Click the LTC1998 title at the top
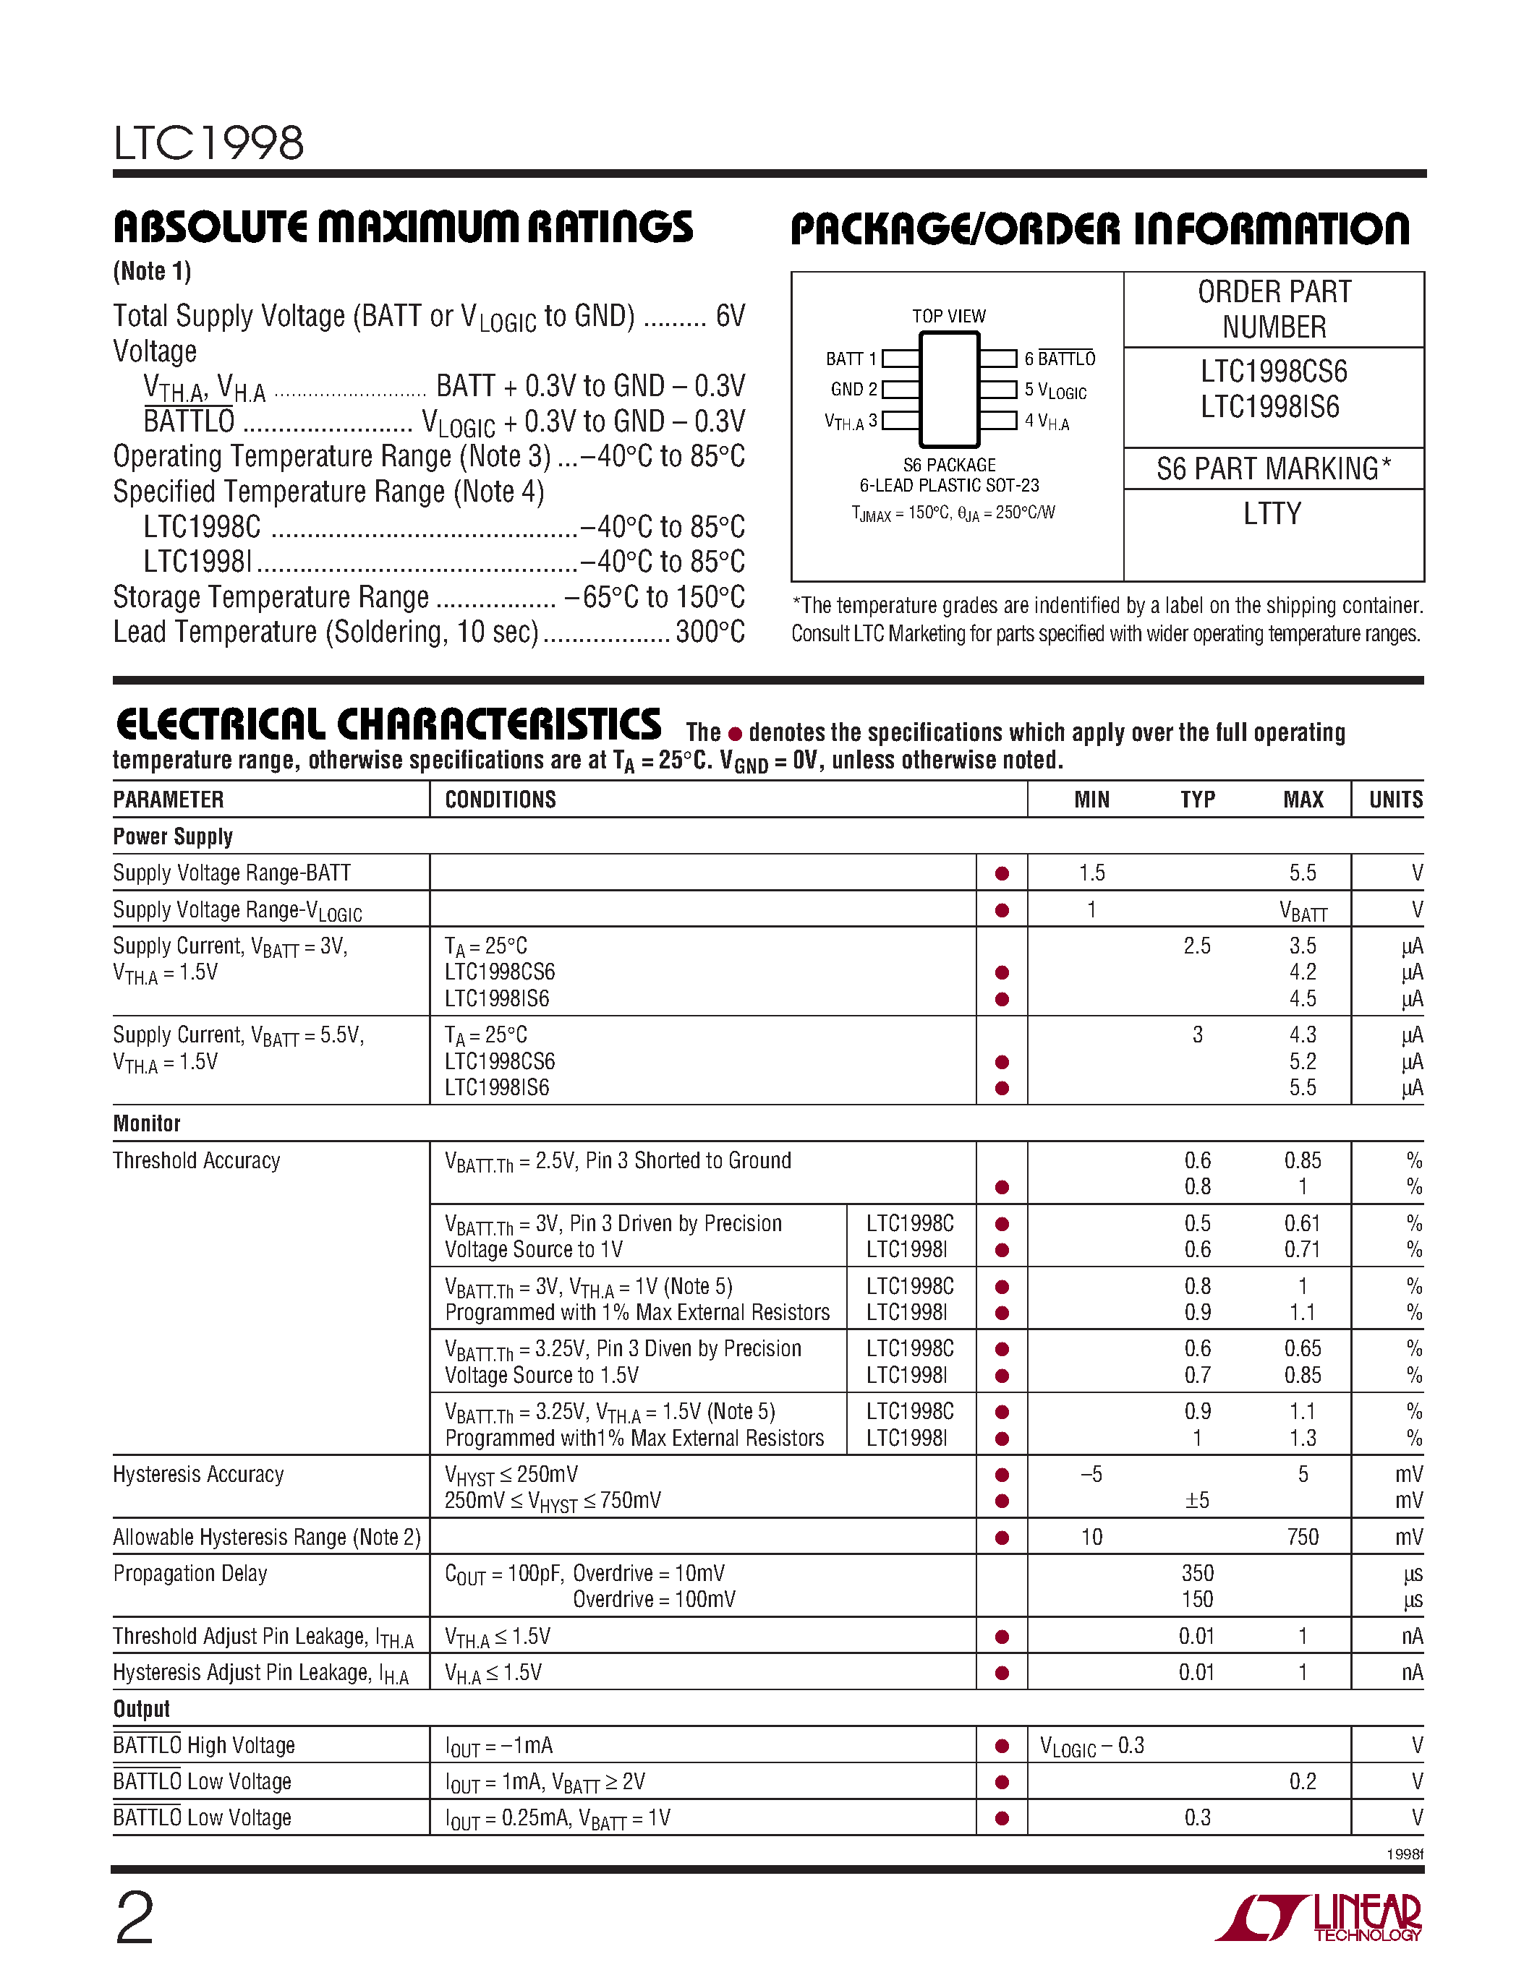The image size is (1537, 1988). tap(208, 143)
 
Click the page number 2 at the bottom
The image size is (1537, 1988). tap(135, 1919)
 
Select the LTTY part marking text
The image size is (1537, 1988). tap(1272, 514)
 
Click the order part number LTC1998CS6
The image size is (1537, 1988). tap(1273, 372)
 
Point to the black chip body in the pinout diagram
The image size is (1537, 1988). tap(949, 390)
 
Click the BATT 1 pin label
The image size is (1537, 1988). tap(851, 359)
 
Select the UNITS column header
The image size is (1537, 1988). tap(1395, 800)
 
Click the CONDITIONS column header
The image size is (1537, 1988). tap(500, 800)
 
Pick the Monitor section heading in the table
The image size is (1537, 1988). tap(147, 1123)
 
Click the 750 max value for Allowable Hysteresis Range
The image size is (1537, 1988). tap(1302, 1538)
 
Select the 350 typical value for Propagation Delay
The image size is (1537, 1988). tap(1197, 1573)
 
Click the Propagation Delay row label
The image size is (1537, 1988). tap(190, 1573)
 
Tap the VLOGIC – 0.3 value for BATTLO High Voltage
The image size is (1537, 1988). tap(1091, 1746)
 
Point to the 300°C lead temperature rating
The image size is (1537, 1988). tap(710, 632)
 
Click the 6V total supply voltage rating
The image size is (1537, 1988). tap(731, 316)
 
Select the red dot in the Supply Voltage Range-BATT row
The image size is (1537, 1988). tap(1002, 874)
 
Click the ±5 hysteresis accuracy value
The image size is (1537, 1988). tap(1197, 1500)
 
